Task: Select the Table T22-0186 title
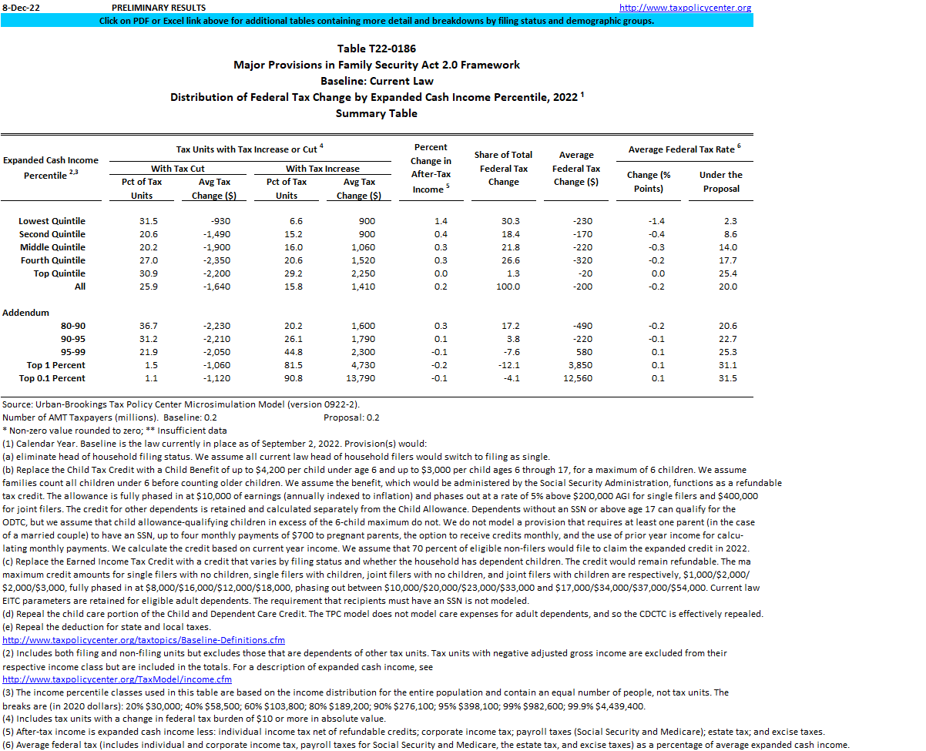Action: pyautogui.click(x=377, y=49)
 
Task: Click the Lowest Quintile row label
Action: pyautogui.click(x=52, y=221)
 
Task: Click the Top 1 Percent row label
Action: pyautogui.click(x=56, y=365)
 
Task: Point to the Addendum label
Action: pyautogui.click(x=25, y=313)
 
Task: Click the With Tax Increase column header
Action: pyautogui.click(x=323, y=169)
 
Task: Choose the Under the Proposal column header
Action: pyautogui.click(x=720, y=182)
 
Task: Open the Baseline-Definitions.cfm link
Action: pyautogui.click(x=144, y=640)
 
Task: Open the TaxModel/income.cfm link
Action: pyautogui.click(x=117, y=679)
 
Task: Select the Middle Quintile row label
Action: pyautogui.click(x=52, y=247)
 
